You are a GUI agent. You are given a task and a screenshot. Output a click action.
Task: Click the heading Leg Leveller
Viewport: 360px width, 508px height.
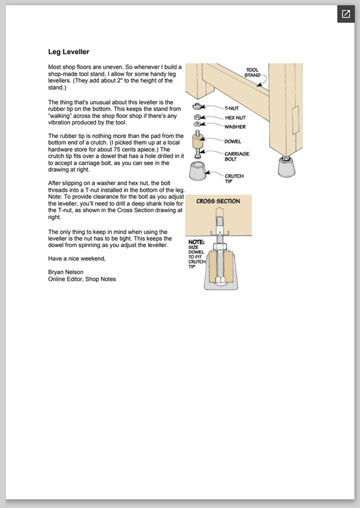(69, 52)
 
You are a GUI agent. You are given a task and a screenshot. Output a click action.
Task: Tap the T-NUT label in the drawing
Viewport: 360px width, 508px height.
(232, 108)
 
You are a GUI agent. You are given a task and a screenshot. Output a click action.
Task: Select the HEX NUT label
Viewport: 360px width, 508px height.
(236, 117)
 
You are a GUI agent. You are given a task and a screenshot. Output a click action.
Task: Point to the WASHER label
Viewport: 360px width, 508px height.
(235, 126)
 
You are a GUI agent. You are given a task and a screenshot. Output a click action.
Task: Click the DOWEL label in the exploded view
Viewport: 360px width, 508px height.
(232, 141)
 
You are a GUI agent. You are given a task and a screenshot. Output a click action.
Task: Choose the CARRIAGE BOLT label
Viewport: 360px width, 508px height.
(237, 156)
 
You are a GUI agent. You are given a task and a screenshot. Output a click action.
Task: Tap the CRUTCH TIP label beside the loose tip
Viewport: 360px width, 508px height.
(234, 178)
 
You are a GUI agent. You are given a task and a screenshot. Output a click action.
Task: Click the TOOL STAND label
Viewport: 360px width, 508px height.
(253, 72)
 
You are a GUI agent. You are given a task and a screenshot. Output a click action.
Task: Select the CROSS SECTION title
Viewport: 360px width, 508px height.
(218, 201)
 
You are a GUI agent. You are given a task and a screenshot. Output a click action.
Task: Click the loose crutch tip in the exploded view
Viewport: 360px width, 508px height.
(197, 171)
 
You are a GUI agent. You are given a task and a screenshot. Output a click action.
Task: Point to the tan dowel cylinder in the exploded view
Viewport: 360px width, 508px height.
(197, 141)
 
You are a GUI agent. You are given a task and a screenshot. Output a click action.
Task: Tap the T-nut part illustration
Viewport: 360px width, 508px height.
(196, 106)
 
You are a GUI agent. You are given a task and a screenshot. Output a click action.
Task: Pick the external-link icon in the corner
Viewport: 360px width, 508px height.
(346, 14)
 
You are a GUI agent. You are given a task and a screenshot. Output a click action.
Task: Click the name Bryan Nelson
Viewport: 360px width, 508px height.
(66, 272)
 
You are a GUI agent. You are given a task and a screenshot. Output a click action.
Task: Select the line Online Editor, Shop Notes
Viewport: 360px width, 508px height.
(82, 279)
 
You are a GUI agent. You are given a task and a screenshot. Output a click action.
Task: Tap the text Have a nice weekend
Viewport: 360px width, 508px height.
(77, 258)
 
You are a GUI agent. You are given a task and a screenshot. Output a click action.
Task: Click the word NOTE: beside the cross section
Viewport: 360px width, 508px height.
(196, 242)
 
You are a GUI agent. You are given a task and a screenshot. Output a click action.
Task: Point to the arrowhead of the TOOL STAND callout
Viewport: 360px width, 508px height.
(259, 84)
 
